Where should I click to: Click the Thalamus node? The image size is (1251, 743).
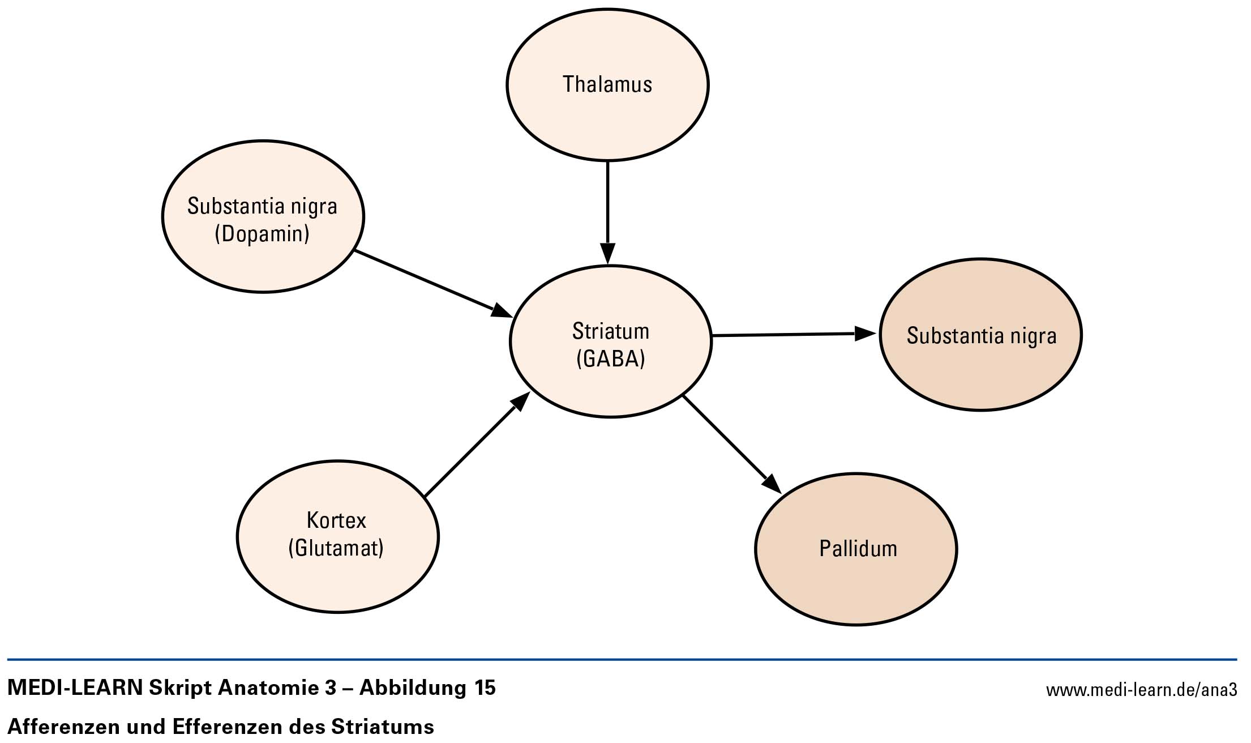pos(607,85)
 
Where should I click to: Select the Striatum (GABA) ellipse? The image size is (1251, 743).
pos(611,341)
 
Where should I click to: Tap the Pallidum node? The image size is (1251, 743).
pos(856,549)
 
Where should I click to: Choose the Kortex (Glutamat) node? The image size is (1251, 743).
pos(338,536)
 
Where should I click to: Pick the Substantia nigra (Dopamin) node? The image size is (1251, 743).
pos(263,216)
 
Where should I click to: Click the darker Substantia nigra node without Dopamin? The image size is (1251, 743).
pos(981,335)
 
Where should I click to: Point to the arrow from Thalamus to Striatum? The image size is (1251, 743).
pos(607,213)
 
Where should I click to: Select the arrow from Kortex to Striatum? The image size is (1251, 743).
pos(477,444)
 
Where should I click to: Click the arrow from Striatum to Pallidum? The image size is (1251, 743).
pos(732,445)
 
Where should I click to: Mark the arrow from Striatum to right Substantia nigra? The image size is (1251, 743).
pos(795,335)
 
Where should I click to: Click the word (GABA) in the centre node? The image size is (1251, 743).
pos(611,359)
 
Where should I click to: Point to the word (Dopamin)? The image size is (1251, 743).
pos(262,234)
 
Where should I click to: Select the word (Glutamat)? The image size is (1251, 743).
pos(336,548)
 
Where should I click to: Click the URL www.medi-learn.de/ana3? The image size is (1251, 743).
pos(1141,690)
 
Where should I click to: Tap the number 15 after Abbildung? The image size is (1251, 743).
pos(483,688)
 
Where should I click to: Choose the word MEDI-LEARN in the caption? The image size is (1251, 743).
pos(75,688)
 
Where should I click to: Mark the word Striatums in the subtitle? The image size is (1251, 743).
pos(383,726)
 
